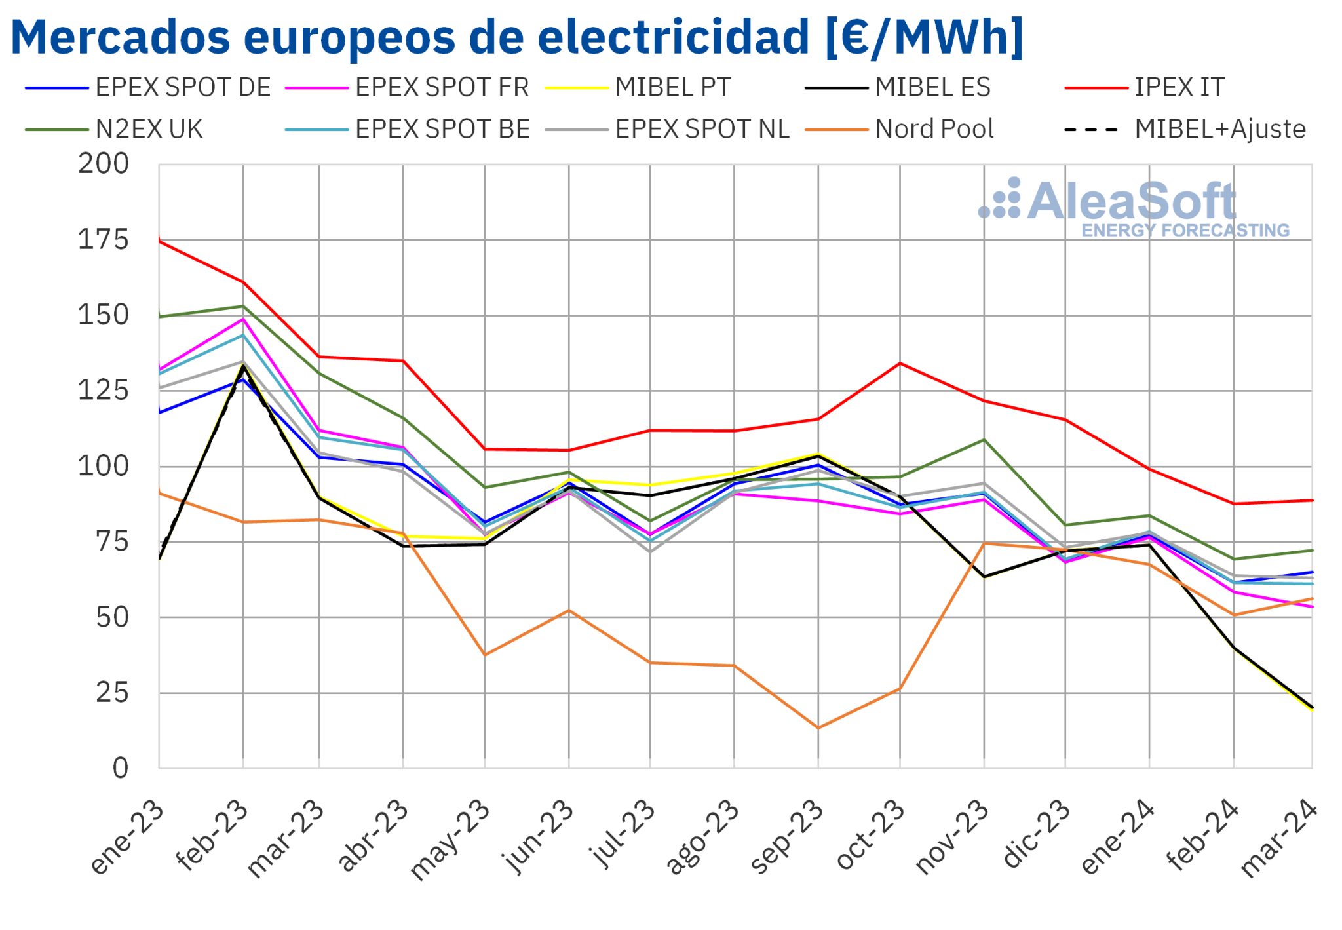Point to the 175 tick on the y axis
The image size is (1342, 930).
[x=104, y=240]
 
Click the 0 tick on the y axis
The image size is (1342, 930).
[x=120, y=768]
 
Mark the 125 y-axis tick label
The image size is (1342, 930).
[x=104, y=391]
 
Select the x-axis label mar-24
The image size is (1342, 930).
[x=1279, y=838]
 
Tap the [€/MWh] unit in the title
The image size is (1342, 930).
[x=924, y=37]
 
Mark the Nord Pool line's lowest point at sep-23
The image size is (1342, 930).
[x=818, y=727]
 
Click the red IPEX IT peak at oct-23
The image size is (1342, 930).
[x=900, y=363]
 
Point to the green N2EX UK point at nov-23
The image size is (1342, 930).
[x=984, y=440]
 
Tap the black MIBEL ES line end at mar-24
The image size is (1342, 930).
[x=1312, y=708]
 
